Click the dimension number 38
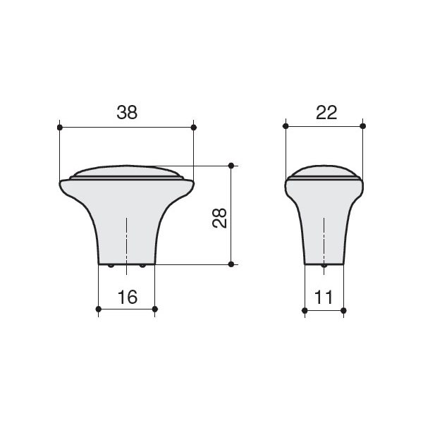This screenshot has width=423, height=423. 127,112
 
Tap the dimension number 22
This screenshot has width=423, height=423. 326,112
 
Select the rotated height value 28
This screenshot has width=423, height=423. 219,219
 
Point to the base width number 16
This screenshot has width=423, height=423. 128,297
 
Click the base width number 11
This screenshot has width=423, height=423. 324,297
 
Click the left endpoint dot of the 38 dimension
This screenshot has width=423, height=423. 60,128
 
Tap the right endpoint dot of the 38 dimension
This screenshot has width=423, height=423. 194,128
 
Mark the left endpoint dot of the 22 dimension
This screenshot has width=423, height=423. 286,126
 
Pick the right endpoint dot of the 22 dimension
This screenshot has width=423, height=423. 363,126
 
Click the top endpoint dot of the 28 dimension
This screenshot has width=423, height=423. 231,166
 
